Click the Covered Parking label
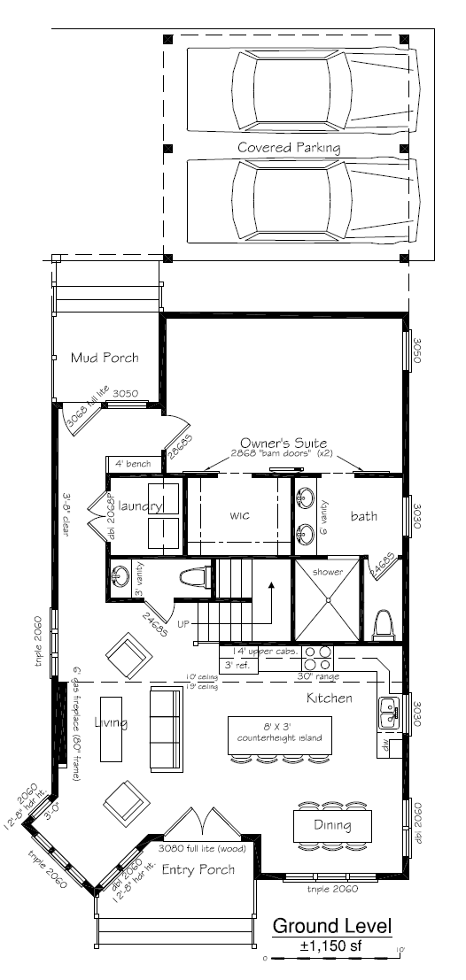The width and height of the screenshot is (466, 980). [288, 146]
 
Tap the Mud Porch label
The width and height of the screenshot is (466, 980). [105, 358]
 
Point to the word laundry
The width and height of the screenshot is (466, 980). [137, 507]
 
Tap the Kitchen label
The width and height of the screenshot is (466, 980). [329, 698]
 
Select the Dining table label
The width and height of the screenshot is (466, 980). [330, 826]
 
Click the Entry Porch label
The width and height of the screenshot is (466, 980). [199, 869]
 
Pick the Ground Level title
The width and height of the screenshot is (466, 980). [332, 926]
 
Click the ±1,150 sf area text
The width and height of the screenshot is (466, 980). [332, 945]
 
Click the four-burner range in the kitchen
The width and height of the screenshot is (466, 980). [318, 658]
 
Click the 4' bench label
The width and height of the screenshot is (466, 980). [132, 463]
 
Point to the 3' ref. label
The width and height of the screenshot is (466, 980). [237, 665]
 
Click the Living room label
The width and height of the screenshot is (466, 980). [112, 722]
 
